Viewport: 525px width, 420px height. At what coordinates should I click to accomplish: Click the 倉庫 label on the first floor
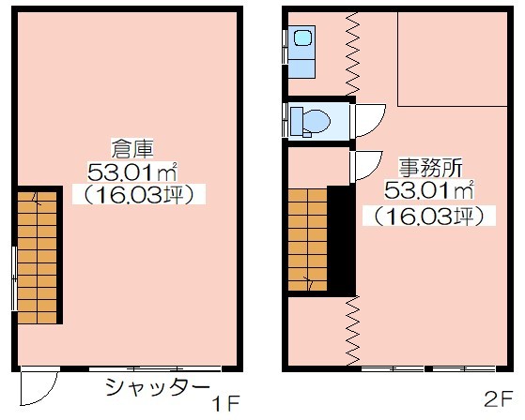click(132, 149)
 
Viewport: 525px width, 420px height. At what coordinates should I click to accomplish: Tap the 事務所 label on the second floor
click(430, 168)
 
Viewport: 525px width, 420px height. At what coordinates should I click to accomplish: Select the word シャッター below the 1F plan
click(158, 387)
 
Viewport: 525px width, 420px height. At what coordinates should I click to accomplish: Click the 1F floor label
click(226, 403)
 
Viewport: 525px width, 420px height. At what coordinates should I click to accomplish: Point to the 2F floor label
click(499, 398)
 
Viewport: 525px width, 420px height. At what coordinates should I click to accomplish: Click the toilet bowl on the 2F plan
click(310, 121)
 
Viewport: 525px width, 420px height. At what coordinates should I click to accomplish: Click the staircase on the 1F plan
click(37, 258)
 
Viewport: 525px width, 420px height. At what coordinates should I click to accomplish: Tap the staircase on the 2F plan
click(307, 240)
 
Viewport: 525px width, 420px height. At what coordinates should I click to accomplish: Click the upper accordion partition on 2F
click(352, 54)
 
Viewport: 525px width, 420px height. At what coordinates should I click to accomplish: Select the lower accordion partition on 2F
click(352, 331)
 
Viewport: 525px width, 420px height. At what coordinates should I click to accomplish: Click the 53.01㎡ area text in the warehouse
click(132, 172)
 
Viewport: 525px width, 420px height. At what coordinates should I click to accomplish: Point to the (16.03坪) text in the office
click(429, 217)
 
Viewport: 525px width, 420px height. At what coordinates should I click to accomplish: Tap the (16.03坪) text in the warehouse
click(139, 194)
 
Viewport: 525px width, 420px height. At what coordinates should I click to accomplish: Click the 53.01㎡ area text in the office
click(429, 190)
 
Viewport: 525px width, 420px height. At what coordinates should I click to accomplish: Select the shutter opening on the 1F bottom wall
click(155, 368)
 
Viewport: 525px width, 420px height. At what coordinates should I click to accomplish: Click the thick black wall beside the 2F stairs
click(341, 241)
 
